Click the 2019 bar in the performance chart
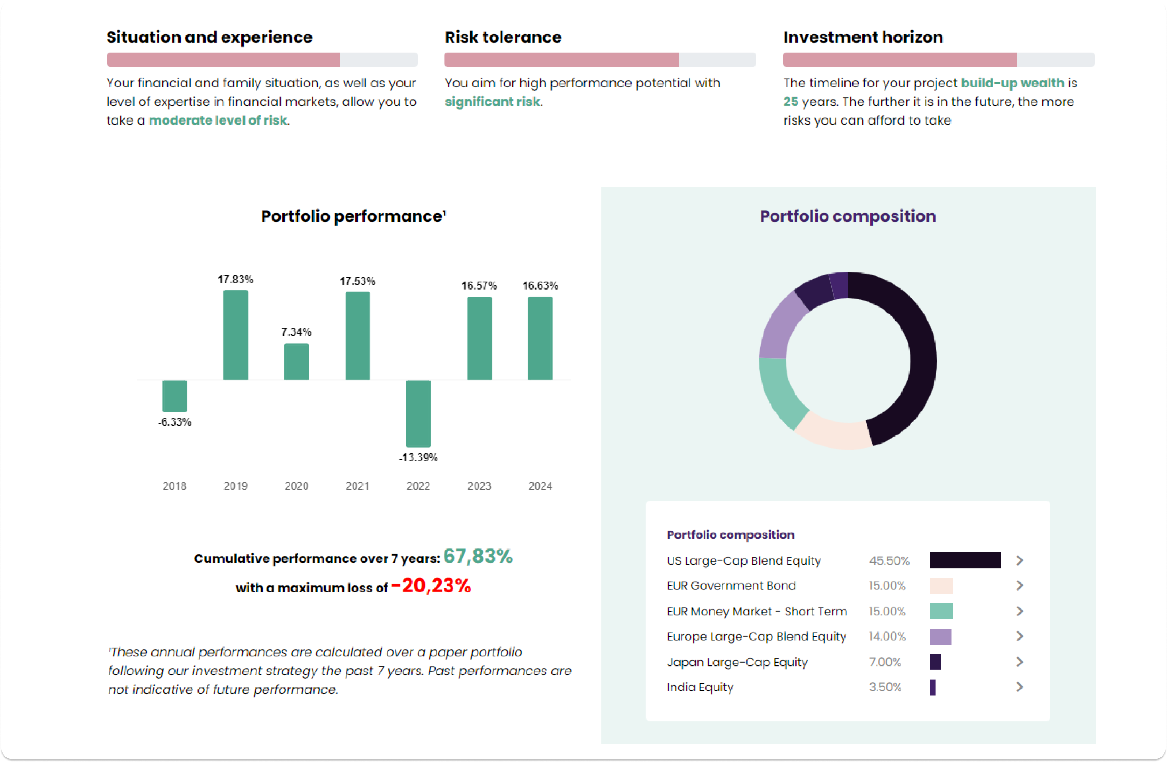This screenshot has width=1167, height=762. pos(236,335)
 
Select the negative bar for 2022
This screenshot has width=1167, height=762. pos(418,414)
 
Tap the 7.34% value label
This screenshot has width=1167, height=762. pos(296,332)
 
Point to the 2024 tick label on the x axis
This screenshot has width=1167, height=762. pos(540,486)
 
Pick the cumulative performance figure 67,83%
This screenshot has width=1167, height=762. pos(478,557)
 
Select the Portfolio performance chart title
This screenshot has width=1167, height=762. pos(353,216)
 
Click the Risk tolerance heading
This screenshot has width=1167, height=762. pos(503,37)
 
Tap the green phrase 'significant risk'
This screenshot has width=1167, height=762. pos(492,102)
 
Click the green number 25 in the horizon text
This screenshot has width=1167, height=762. pos(790,102)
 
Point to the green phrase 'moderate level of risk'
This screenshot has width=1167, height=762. pos(218,120)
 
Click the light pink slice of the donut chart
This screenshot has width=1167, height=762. pos(833,430)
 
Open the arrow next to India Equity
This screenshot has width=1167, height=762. pos(1019,687)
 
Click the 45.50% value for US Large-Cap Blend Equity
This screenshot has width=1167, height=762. pos(889,561)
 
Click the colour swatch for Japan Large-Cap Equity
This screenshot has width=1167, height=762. pos(935,662)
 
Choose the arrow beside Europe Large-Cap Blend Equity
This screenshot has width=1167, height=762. pos(1019,637)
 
